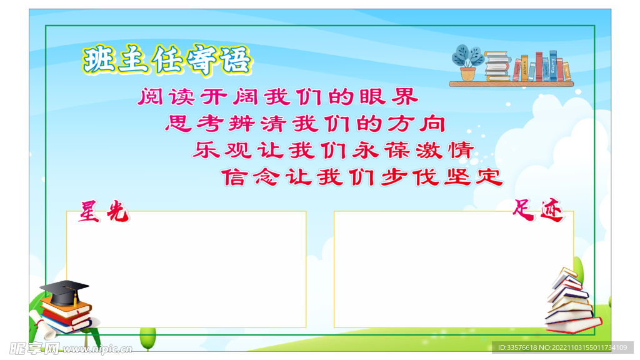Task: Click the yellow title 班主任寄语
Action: point(167,61)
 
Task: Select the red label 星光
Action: point(103,211)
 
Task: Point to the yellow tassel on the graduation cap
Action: point(75,299)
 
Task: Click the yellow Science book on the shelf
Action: point(566,71)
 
